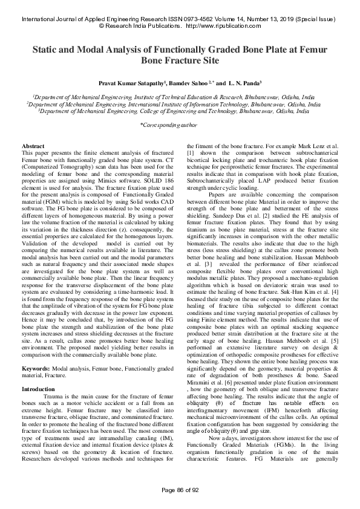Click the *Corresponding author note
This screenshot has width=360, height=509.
pos(180,125)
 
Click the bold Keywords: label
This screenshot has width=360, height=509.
pos(36,351)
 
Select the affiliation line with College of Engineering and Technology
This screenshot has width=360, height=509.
pos(180,111)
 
